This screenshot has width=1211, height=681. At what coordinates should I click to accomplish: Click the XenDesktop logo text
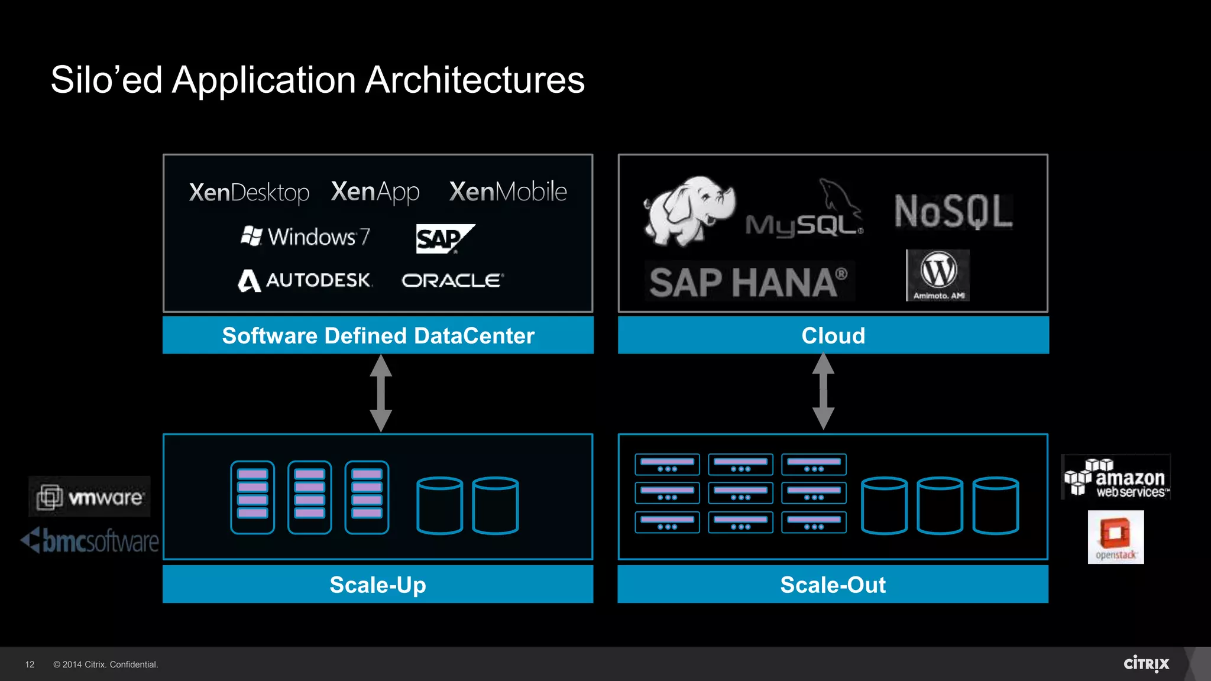coord(249,193)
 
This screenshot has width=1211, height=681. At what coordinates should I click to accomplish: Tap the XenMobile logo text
coord(508,192)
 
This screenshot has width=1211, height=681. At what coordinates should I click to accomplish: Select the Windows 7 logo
coord(305,236)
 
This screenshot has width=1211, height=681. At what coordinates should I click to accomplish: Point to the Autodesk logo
coord(305,280)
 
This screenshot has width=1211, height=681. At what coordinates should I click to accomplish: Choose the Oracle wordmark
coord(452,280)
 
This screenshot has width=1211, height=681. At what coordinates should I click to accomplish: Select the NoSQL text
coord(953,212)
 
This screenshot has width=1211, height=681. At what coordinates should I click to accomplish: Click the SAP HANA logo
coord(749,282)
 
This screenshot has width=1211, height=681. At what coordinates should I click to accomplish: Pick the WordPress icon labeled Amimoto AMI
coord(938,275)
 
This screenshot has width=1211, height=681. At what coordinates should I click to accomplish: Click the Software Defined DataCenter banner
coord(378,335)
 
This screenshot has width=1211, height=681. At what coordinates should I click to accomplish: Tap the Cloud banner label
coord(833,335)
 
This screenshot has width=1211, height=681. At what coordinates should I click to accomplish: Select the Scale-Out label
coord(833,585)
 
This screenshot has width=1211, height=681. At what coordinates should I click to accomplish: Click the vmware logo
coord(90,497)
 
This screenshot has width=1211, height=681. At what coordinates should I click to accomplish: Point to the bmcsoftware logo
coord(90,541)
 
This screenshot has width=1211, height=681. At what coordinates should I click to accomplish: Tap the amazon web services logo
coord(1116,478)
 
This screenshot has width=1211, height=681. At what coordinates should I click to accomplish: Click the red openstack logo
coord(1115,537)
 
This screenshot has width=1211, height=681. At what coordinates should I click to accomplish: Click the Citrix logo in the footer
coord(1146,664)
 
